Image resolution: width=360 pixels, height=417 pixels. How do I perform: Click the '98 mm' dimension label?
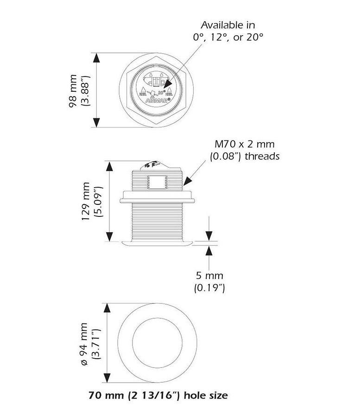tap(74, 91)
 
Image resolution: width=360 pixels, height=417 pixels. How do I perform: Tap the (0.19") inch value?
tap(209, 288)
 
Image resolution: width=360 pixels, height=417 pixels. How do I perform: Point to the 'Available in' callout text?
tap(227, 25)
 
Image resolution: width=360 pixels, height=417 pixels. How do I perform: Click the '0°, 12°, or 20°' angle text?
tap(227, 37)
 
